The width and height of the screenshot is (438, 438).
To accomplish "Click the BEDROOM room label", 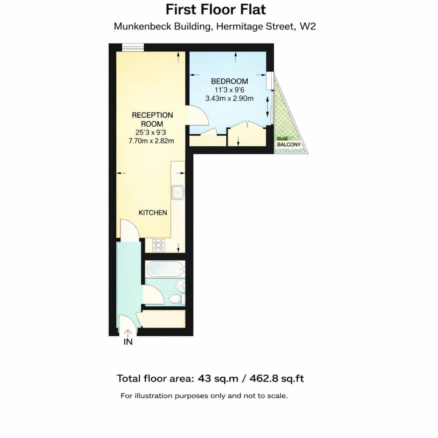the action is [x=229, y=81].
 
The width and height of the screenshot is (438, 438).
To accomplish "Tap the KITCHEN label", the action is [x=153, y=213].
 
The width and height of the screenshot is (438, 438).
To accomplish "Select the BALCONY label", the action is [x=289, y=145].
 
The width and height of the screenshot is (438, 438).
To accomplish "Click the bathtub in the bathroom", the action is [x=165, y=269].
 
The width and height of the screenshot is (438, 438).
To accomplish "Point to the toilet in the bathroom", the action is [x=176, y=299].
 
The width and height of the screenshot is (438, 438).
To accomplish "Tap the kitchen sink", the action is [x=178, y=192].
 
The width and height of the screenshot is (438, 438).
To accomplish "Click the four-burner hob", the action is [x=158, y=245].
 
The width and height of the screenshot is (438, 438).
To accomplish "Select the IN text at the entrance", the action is [x=128, y=342].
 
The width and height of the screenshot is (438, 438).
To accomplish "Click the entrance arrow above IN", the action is [x=128, y=333].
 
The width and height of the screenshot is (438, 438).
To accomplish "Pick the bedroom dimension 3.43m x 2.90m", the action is [x=229, y=99].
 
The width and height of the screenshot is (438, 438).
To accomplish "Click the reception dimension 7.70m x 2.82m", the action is [x=151, y=141].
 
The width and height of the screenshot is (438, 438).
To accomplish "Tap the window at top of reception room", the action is [x=133, y=47].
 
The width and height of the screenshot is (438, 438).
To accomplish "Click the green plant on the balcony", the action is [x=282, y=138].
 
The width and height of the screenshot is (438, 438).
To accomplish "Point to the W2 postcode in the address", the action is [x=308, y=27].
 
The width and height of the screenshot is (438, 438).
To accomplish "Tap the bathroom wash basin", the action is [x=180, y=286].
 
